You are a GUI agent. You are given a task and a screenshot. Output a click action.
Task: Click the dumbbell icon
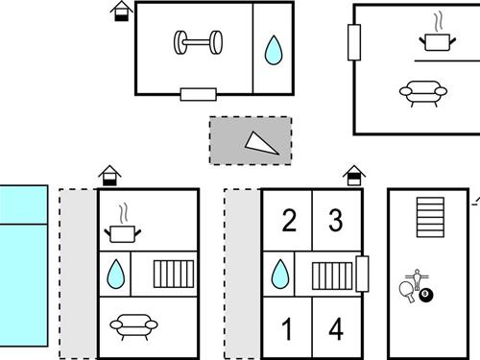(x=199, y=42)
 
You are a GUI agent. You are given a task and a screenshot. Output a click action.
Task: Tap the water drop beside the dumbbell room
(x=274, y=50)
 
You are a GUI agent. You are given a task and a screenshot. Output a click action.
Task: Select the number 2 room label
(x=289, y=220)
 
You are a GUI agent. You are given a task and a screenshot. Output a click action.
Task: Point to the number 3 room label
(x=336, y=220)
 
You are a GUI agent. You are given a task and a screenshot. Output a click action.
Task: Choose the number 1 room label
(x=287, y=328)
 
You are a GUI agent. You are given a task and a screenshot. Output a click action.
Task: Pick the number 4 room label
(x=336, y=328)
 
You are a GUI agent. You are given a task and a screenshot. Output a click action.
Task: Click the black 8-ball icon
(x=425, y=296)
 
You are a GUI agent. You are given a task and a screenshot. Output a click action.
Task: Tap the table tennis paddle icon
(x=407, y=292)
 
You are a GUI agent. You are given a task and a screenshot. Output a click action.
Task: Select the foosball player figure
(x=417, y=279)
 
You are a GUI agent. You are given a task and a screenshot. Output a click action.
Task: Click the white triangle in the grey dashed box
(x=259, y=144)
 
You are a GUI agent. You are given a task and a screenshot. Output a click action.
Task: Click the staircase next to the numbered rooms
(x=332, y=276)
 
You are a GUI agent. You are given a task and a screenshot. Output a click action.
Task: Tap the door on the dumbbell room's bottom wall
(x=199, y=94)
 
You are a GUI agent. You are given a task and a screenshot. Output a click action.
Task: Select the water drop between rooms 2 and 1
(x=280, y=274)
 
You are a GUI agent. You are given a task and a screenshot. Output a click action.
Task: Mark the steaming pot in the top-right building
(x=438, y=34)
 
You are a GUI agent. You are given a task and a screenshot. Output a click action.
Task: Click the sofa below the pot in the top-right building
(x=423, y=92)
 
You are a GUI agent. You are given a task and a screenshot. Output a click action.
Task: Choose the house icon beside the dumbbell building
(x=122, y=12)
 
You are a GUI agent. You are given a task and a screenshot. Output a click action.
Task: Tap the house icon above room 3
(x=354, y=176)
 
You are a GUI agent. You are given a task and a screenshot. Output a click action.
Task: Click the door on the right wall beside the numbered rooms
(x=362, y=274)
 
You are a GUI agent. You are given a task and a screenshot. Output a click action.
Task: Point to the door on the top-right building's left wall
(x=354, y=42)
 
